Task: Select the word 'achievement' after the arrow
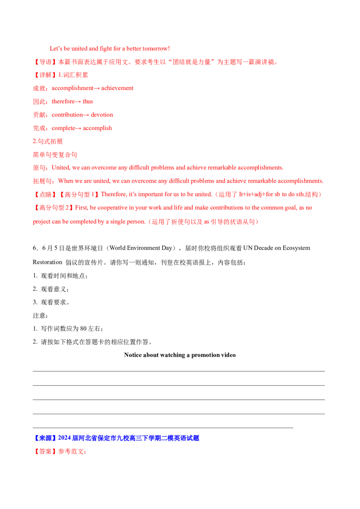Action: [x=117, y=88]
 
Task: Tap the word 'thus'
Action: [x=88, y=102]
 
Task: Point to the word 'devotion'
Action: [x=102, y=115]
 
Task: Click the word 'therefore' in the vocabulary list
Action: [x=63, y=102]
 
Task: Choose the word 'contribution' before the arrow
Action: [x=67, y=115]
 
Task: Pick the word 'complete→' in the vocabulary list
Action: [x=67, y=128]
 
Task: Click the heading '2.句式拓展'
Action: [x=48, y=141]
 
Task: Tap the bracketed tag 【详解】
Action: [x=45, y=75]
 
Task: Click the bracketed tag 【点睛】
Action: [x=45, y=194]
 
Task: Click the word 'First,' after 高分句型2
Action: [x=81, y=208]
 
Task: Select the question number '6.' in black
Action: [x=36, y=248]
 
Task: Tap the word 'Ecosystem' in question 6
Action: [x=296, y=248]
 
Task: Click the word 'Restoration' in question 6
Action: [x=47, y=262]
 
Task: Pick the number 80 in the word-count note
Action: [x=84, y=329]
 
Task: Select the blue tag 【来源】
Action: [x=45, y=438]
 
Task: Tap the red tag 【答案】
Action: [x=45, y=451]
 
